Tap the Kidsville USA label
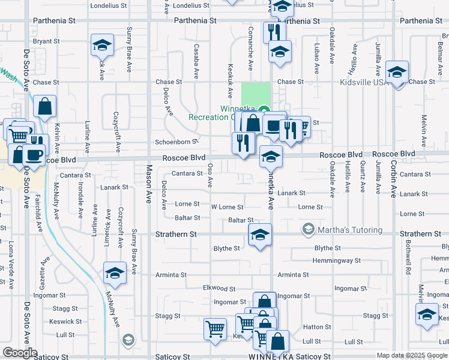[x=364, y=82]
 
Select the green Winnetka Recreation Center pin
[x=256, y=109]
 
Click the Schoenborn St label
[x=176, y=142]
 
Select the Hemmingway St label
[x=337, y=261]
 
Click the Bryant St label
[x=47, y=41]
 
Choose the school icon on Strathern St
[x=260, y=235]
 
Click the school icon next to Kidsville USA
[x=397, y=73]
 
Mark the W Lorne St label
[x=226, y=207]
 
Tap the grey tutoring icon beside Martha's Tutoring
[x=308, y=230]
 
